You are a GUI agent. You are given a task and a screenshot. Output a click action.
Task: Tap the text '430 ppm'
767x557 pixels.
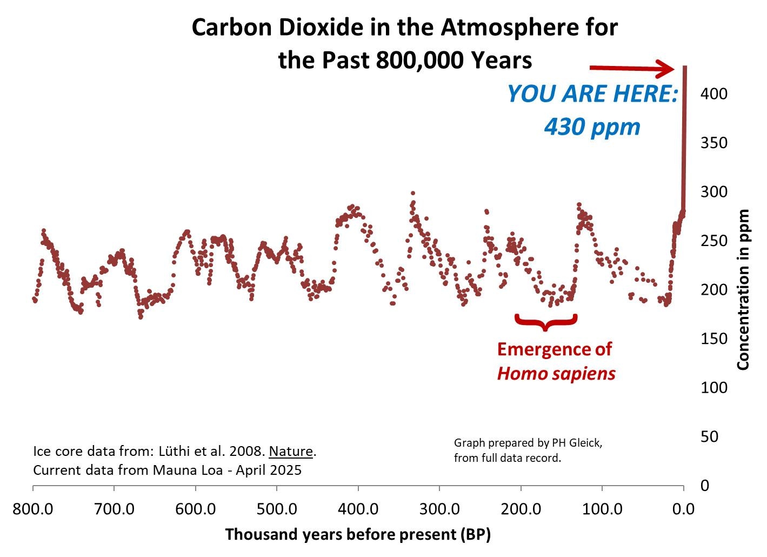coord(592,127)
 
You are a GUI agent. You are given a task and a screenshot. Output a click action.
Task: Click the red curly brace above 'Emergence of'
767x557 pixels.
coord(546,321)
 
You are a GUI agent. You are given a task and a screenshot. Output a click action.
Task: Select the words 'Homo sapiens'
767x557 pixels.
coord(556,373)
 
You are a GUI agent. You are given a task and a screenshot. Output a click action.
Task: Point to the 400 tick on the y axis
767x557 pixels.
coord(713,94)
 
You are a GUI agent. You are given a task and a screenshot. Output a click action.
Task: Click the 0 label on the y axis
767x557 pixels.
coord(705,486)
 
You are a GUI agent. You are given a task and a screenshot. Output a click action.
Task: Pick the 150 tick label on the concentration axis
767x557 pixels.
coord(713,339)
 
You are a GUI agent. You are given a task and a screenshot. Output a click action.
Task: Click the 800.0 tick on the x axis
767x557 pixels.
coord(33,509)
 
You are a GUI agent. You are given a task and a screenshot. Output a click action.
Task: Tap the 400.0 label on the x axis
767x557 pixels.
coord(358,509)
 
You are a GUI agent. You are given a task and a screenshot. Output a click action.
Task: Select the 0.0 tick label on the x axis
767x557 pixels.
coord(683,509)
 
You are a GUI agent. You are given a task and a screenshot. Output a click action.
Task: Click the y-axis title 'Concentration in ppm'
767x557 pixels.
coord(744,290)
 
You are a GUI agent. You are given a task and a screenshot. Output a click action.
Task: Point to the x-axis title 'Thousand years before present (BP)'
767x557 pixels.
coord(358,535)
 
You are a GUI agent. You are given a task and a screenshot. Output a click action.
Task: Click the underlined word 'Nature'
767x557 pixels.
coord(291,451)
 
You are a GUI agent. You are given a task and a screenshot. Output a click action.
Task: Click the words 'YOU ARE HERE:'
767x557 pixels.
coord(592,94)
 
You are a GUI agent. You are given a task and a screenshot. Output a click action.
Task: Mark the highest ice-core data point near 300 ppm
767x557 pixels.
coord(413,193)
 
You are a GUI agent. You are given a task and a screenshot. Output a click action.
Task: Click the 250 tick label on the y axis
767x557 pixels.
coord(713,241)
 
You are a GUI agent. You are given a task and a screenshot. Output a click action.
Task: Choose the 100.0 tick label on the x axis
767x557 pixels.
coord(602,509)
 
